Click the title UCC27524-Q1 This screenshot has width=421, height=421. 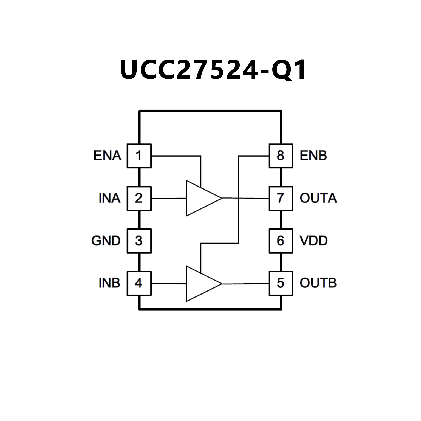click(x=213, y=70)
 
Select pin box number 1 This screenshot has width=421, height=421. click(x=139, y=156)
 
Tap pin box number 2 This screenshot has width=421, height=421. click(x=139, y=198)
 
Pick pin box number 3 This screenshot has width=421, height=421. click(x=139, y=241)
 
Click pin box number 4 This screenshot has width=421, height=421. click(x=139, y=283)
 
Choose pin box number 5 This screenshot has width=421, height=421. click(x=281, y=283)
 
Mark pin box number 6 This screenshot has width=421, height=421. click(x=281, y=241)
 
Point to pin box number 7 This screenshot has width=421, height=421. click(x=281, y=198)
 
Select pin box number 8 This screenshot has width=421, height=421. click(x=281, y=156)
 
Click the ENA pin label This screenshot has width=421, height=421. click(x=107, y=156)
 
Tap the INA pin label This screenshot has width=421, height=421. click(x=109, y=198)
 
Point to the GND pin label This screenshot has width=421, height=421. click(x=106, y=241)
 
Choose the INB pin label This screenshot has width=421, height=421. click(x=109, y=283)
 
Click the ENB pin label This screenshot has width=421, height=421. click(x=313, y=156)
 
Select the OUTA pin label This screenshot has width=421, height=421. click(x=318, y=198)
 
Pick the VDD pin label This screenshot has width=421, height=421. click(x=313, y=241)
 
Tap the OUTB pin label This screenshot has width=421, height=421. click(x=318, y=283)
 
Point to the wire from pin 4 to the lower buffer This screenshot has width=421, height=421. click(x=169, y=284)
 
